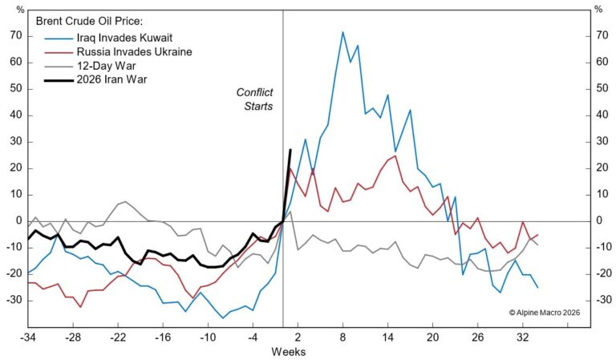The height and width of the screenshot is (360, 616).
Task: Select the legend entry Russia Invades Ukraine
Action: tap(128, 52)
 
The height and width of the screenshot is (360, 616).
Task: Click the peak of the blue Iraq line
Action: tap(342, 32)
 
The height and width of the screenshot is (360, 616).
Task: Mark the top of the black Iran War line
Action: tap(290, 150)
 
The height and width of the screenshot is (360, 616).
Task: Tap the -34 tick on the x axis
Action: tap(27, 337)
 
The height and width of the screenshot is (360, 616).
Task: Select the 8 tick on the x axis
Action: tap(342, 337)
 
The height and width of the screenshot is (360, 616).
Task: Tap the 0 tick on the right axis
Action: tap(598, 220)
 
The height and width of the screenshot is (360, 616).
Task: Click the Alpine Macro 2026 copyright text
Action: tap(545, 313)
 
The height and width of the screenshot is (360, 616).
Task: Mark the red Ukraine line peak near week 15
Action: tap(395, 156)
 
